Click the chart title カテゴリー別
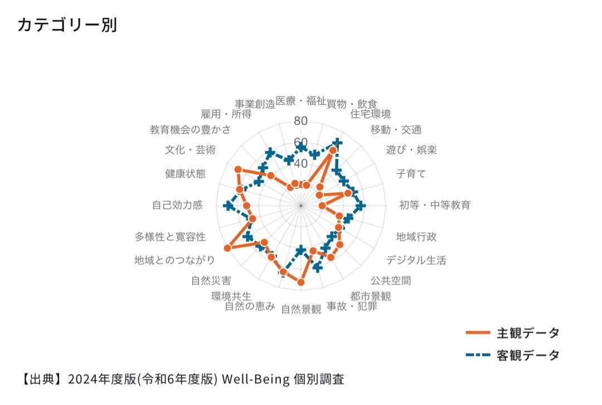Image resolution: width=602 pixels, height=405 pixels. coord(67,25)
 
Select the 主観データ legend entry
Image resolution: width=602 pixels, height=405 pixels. coord(513,333)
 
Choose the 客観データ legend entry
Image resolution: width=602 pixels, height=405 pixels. coord(513,355)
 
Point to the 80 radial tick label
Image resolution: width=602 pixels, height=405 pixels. coord(300,121)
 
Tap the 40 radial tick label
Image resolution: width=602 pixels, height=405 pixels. coord(300,164)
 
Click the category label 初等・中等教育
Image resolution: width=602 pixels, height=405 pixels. coord(435,205)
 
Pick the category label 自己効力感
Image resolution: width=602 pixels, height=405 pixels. coord(177,205)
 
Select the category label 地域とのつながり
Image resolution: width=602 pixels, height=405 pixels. coord(174,260)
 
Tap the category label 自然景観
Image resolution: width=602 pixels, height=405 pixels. coord(301,309)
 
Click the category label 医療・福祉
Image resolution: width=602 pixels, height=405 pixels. coord(300,101)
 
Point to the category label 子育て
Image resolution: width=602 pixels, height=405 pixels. coord(411,173)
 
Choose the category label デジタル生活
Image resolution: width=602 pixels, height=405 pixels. coord(416,260)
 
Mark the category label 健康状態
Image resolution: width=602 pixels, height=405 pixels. coord(186,173)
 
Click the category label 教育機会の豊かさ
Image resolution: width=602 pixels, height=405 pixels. coord(191,130)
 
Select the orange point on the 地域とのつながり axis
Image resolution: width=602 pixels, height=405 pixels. coord(227,248)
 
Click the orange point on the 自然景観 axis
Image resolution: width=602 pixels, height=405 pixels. coord(301,282)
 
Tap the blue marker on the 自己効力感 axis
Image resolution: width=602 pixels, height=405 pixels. coord(229,206)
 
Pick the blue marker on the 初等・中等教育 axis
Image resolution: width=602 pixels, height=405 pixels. coord(360,206)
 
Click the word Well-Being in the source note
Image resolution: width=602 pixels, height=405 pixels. coord(256,379)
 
